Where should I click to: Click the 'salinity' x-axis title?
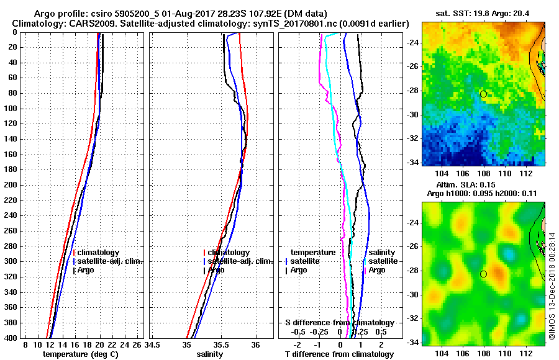tap(209, 354)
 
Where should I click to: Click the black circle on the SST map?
tap(483, 94)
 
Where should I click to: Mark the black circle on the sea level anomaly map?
tap(483, 274)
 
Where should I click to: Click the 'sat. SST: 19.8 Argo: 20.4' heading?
tap(483, 13)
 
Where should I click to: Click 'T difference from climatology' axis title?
tap(339, 354)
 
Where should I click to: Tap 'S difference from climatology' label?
tap(339, 323)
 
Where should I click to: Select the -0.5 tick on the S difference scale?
tap(300, 331)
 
